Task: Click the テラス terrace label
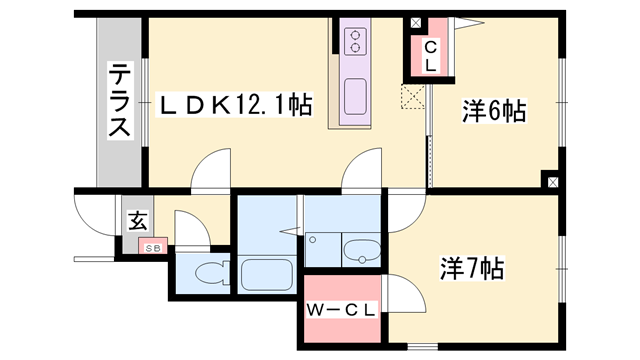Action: [x=119, y=101]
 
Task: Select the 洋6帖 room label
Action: [x=494, y=112]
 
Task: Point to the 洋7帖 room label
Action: [x=472, y=268]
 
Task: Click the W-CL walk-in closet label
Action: [x=341, y=309]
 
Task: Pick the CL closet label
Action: [x=429, y=56]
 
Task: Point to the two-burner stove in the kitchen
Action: [x=356, y=40]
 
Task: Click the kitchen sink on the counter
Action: [x=356, y=98]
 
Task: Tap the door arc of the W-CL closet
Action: [x=403, y=294]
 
